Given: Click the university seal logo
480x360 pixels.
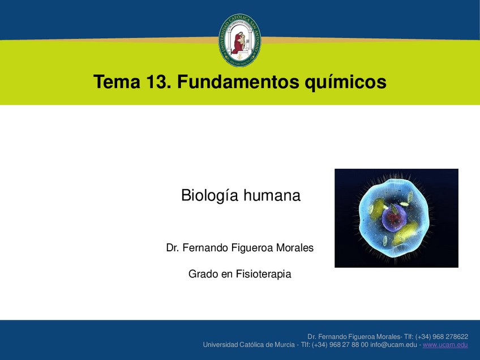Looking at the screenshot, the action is coord(239,40).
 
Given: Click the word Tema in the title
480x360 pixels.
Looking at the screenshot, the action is coord(117,82).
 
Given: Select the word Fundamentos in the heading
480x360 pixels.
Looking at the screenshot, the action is coord(238,82).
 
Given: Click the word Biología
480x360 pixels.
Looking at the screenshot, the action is coord(209,196).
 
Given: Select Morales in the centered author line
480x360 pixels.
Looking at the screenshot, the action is coord(295,248).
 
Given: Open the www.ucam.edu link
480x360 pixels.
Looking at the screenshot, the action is coord(445,345).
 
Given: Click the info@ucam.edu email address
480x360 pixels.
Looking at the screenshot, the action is coord(393,345).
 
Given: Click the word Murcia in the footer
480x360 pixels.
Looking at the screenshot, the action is coord(284,345).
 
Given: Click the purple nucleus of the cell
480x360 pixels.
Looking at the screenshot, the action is coord(395,218).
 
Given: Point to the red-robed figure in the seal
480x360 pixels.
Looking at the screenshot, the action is coord(238,43).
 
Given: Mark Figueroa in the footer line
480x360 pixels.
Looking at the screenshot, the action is coord(362,337).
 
